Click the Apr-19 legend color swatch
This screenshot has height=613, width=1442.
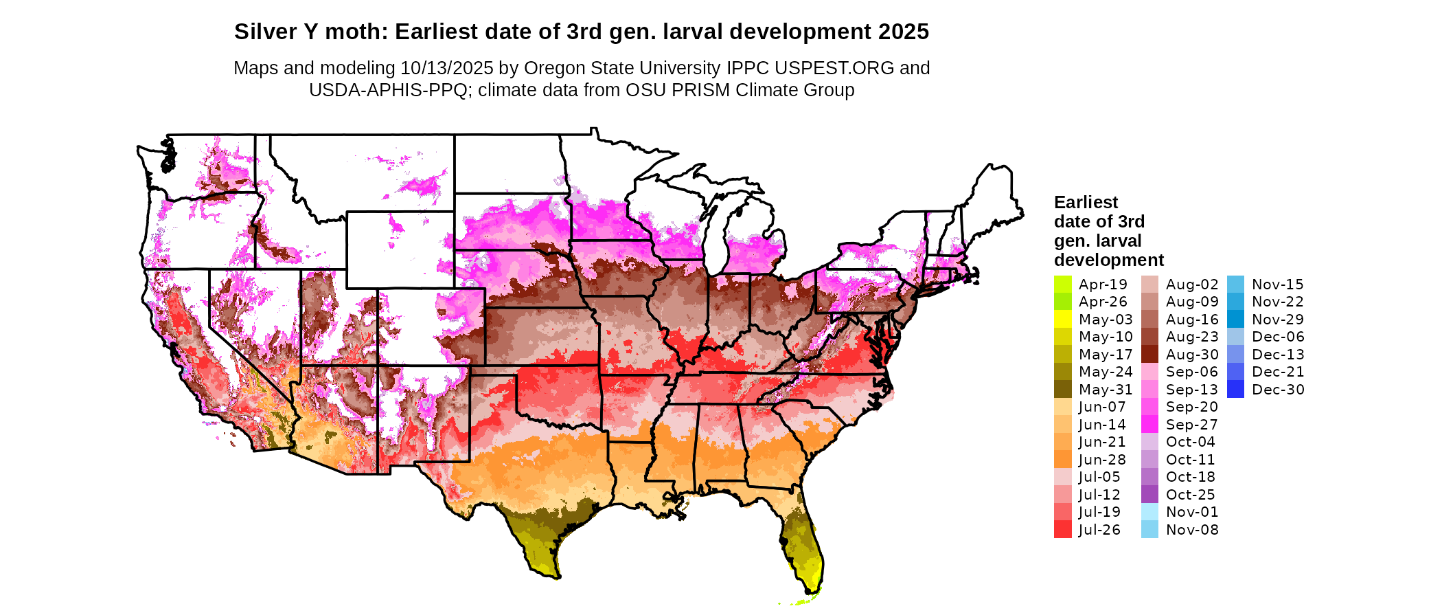[x=1062, y=284]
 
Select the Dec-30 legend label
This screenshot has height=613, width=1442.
[x=1278, y=390]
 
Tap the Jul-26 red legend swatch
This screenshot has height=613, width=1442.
[x=1062, y=529]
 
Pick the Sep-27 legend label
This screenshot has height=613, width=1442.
[x=1191, y=425]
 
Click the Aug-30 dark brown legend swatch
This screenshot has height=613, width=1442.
[x=1149, y=354]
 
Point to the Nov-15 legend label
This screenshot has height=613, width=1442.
[x=1277, y=285]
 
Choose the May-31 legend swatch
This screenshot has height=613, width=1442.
[x=1062, y=389]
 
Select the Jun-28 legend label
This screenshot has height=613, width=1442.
[x=1102, y=460]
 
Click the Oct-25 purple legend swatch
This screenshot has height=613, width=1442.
[x=1149, y=494]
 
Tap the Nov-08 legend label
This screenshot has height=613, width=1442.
[x=1192, y=530]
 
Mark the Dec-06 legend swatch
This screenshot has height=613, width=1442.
[x=1235, y=337]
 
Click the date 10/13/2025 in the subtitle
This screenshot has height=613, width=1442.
[x=446, y=68]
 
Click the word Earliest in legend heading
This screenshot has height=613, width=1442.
[x=1086, y=202]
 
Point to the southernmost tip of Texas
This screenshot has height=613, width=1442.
[x=553, y=577]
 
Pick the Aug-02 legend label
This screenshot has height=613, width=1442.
[x=1192, y=285]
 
